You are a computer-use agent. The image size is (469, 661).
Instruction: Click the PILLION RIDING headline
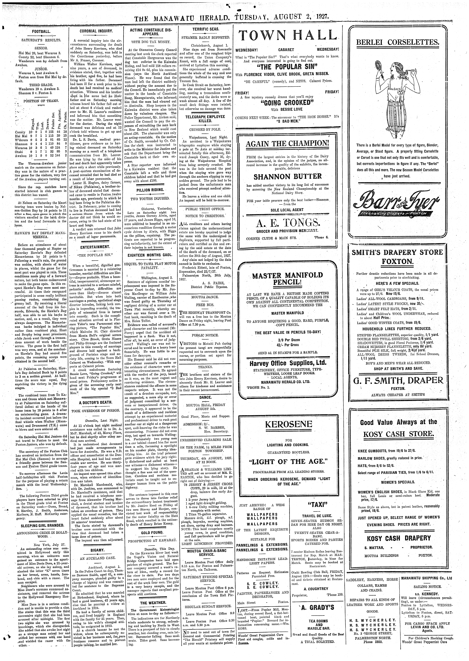coord(152,190)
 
